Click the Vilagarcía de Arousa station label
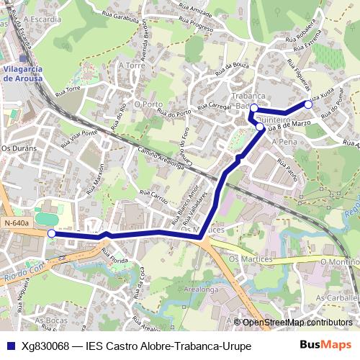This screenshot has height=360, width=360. pos(24,74)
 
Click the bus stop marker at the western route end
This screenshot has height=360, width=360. pos(51,233)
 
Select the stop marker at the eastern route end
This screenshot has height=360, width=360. pos(308,104)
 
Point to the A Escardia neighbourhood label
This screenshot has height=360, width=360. pos(42,20)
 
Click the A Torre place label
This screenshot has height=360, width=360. pos(135,65)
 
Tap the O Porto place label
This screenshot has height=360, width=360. pos(148,104)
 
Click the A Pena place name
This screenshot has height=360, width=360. pos(284,143)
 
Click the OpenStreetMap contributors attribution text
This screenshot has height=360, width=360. pos(297,323)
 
